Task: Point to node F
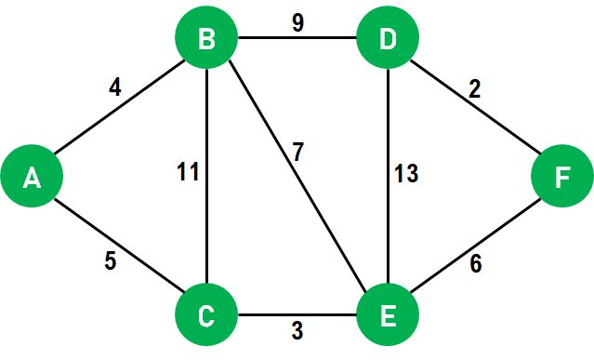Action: coord(561,177)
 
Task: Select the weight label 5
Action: coord(110,262)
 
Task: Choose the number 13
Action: coord(405,173)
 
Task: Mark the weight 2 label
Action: coord(474,89)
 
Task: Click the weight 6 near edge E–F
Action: coord(476,264)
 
